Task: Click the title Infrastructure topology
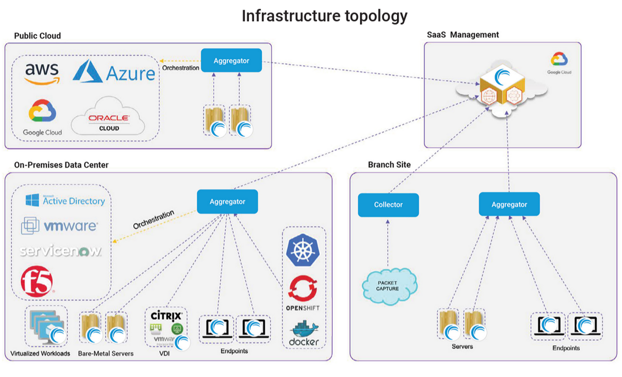tap(324, 16)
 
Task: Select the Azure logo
tap(114, 72)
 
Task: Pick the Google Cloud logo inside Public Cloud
tap(42, 117)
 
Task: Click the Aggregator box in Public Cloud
tap(231, 61)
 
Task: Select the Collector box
tap(388, 205)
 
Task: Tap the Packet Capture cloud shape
tap(389, 286)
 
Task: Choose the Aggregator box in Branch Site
tap(509, 205)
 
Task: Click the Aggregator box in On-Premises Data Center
tap(227, 202)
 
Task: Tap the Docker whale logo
tap(304, 331)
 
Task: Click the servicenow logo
tap(61, 251)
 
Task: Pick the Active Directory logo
tap(65, 200)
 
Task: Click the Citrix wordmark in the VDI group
tap(166, 316)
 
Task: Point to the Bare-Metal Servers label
tap(105, 353)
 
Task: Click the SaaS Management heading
tap(463, 35)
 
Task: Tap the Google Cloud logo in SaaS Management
tap(559, 63)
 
